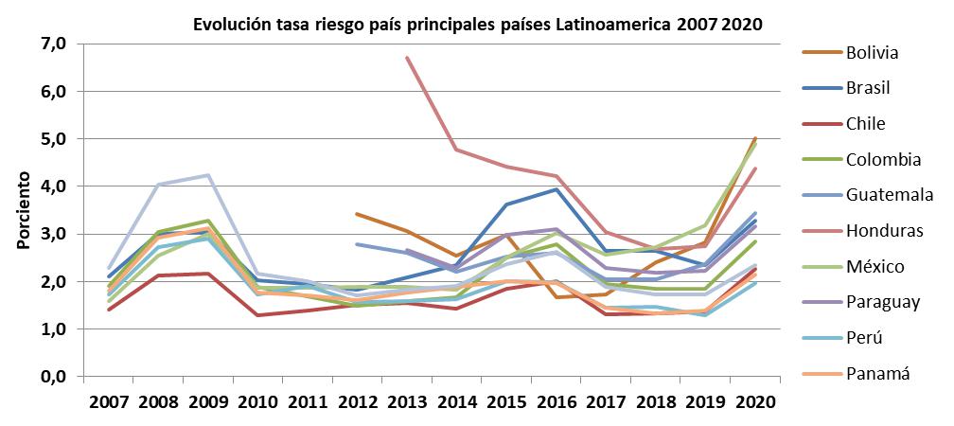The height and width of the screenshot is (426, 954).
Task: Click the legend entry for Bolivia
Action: pos(872,52)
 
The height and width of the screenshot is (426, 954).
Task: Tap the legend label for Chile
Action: pos(864,123)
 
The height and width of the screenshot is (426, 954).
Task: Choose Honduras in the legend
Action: pos(879,231)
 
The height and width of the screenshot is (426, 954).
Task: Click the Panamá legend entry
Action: pos(877,374)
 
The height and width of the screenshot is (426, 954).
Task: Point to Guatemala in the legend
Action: pos(887,195)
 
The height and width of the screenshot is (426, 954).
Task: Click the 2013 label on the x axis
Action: pos(407,400)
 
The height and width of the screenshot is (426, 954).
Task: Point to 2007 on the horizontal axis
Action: pos(110,400)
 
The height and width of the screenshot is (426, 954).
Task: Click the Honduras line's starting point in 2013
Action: pos(407,58)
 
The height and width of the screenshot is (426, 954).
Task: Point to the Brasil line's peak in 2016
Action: pos(555,189)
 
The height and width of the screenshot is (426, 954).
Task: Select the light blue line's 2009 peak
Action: pos(208,175)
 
